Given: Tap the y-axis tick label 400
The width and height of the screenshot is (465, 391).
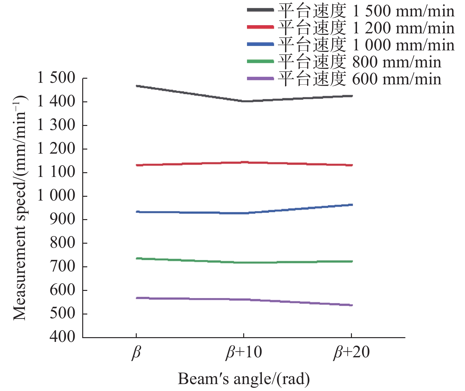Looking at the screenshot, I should click(62, 337).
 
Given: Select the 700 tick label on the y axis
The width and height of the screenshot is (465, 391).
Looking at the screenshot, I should click(62, 266).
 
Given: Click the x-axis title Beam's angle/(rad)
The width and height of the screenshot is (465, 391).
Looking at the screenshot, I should click(244, 379).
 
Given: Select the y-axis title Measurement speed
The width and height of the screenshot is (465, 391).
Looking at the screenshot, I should click(20, 208).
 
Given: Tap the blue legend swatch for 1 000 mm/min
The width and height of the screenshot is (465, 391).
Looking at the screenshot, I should click(260, 44).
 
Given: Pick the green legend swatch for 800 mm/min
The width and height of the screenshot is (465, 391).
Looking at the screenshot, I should click(260, 61).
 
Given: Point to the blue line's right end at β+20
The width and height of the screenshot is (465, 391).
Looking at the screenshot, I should click(352, 205).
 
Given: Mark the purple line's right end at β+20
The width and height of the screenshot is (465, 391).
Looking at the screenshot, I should click(352, 305).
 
